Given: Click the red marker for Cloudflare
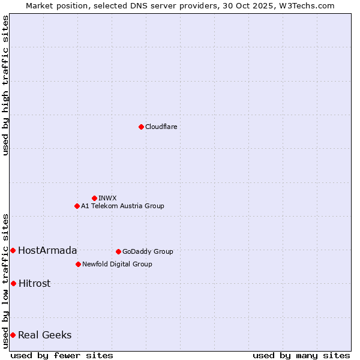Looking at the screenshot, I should tap(141, 127).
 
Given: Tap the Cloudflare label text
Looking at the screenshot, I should tap(161, 127).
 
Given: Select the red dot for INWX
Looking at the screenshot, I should tap(94, 198).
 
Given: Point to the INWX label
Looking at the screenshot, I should tap(107, 198).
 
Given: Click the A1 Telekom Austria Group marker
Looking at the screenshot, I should tap(77, 206).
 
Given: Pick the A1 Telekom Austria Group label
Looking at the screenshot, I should tap(122, 206).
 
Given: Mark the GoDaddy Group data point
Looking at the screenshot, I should tap(118, 251).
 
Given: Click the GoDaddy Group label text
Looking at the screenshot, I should tap(148, 251).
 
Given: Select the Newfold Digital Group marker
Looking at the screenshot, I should tap(78, 264).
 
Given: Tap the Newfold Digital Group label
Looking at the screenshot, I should tap(117, 264).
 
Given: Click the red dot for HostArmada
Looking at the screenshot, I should tap(13, 250).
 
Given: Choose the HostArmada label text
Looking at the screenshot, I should tap(47, 251).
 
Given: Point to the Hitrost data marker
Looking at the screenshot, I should tap(13, 283).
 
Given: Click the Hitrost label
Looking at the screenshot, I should tap(34, 284).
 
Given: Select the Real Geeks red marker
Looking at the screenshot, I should tap(13, 335).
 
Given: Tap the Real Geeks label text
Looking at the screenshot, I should tap(44, 335).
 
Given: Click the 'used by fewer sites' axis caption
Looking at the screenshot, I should tap(62, 355).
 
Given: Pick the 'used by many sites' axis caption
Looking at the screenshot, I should tap(301, 355).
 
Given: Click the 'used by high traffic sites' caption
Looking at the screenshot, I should tap(5, 86).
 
